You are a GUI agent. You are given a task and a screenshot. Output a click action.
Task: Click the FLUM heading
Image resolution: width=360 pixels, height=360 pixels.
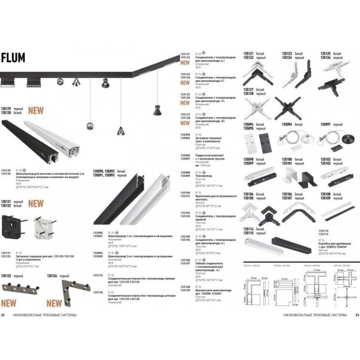[14, 58]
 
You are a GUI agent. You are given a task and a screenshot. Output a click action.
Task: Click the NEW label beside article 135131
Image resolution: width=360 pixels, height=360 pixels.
[36, 203]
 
